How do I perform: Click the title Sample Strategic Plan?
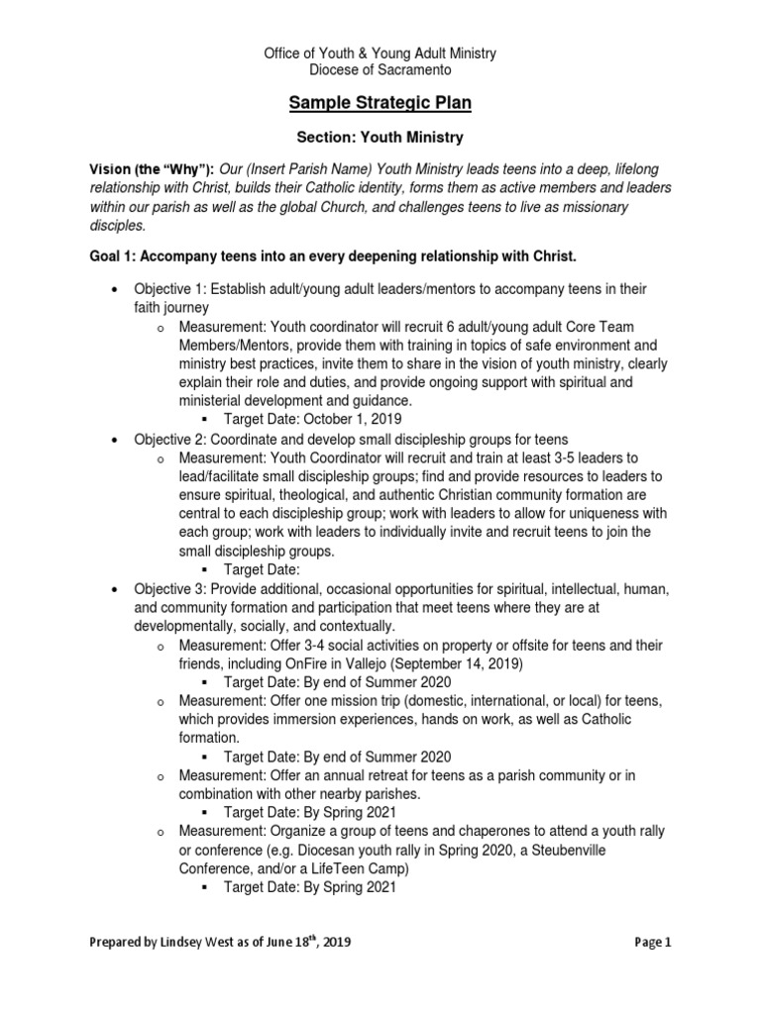tap(380, 103)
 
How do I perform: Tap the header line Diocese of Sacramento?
tap(380, 69)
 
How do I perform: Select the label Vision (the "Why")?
tap(152, 169)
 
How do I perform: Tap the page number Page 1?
tap(653, 944)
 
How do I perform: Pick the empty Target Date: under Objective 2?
tap(261, 569)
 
